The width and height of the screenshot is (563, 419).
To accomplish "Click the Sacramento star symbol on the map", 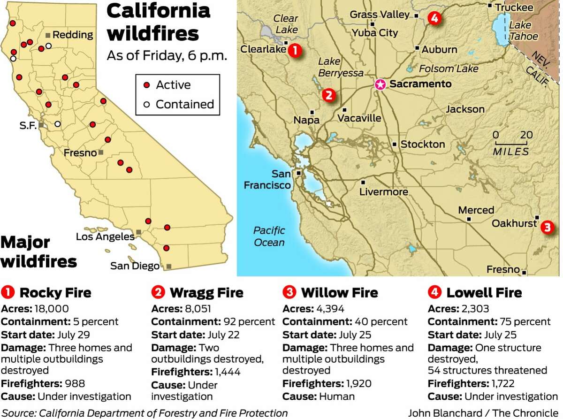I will click(380, 84).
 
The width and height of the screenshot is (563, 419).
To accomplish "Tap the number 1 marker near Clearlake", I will click(294, 50).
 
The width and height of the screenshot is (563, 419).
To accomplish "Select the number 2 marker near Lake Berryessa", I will click(328, 95).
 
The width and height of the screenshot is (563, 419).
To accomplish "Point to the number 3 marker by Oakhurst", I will click(547, 228).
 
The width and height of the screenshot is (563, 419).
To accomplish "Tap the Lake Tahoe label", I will click(521, 31).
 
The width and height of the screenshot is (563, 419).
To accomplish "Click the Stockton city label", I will click(422, 145).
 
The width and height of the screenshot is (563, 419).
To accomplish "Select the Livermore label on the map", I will click(383, 192).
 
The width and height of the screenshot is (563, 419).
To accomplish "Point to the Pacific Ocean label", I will click(269, 236).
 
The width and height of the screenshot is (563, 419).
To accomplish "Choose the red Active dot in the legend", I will click(146, 85).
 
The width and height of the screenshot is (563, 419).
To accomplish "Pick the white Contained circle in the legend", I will click(146, 104).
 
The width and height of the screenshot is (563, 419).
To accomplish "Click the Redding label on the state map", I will click(72, 35).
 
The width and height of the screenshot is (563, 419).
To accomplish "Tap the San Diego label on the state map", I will click(135, 266).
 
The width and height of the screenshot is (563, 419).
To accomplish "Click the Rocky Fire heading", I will click(55, 293).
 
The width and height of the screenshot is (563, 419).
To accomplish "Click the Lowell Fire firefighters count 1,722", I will click(507, 383).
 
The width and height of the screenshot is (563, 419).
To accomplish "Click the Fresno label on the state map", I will click(80, 153).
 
